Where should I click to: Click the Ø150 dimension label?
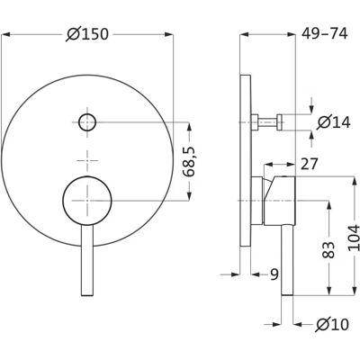click(x=87, y=34)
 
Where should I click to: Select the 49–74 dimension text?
click(x=324, y=33)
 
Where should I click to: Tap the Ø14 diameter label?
click(x=334, y=122)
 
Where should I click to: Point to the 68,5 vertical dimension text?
click(x=190, y=161)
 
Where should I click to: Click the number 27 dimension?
click(x=309, y=164)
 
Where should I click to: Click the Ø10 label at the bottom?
click(x=332, y=324)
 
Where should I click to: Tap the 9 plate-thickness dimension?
click(x=274, y=274)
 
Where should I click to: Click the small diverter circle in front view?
click(x=87, y=122)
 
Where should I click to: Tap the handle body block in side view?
click(x=280, y=201)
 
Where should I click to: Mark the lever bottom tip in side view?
click(x=287, y=294)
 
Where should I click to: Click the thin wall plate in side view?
click(x=246, y=160)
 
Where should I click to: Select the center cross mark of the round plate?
click(x=87, y=161)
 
